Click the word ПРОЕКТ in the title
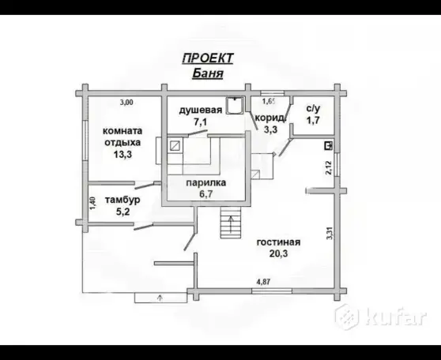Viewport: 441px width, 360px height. [x=208, y=58]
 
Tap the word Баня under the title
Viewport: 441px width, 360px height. [x=208, y=73]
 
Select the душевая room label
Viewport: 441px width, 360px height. [x=201, y=110]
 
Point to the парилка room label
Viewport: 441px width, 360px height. [x=205, y=182]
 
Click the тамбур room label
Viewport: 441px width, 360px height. [x=122, y=200]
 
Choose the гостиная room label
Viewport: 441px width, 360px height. [x=278, y=242]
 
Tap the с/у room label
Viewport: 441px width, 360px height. [x=313, y=108]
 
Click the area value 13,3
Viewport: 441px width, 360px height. [x=122, y=154]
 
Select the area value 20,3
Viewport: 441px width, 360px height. [x=278, y=253]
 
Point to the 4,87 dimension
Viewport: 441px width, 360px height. [x=263, y=282]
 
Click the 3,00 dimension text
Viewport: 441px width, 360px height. [x=126, y=103]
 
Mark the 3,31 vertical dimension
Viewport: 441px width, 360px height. [x=330, y=233]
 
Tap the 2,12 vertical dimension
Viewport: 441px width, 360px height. [x=329, y=168]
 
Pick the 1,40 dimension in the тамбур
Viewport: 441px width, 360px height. [x=92, y=203]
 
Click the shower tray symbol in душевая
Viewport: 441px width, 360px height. [x=235, y=105]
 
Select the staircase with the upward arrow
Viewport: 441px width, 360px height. [x=231, y=223]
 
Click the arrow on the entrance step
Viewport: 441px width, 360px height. [x=160, y=298]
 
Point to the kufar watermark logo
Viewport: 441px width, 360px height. [x=381, y=317]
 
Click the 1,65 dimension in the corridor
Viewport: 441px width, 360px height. [x=269, y=101]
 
